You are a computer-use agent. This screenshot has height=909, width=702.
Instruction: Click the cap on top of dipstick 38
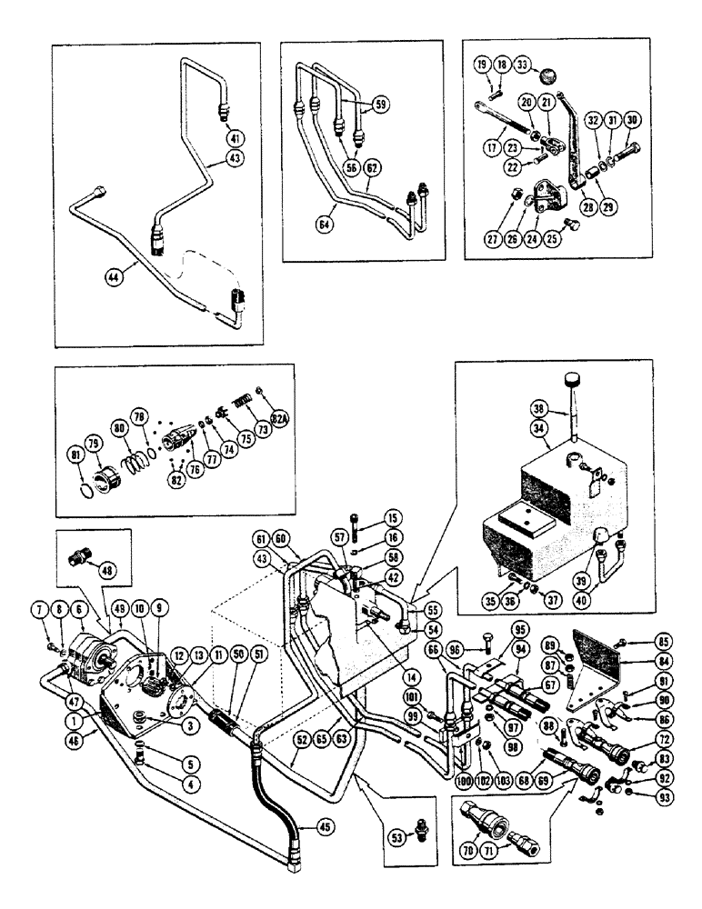pyautogui.click(x=571, y=380)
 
